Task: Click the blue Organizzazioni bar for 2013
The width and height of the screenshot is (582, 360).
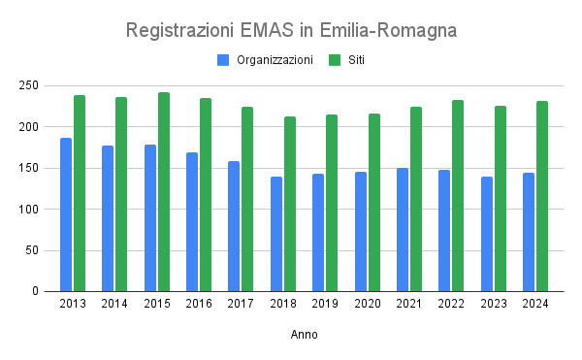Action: (66, 214)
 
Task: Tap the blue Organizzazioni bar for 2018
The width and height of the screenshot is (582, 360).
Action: (276, 234)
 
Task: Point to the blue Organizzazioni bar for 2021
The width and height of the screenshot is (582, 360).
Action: (403, 229)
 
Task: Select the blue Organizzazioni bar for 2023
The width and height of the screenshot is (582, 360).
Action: (486, 234)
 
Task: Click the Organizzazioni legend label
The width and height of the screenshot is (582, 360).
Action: (275, 60)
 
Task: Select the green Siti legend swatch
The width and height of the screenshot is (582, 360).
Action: (335, 60)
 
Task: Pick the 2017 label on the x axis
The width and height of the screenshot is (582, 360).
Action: (241, 305)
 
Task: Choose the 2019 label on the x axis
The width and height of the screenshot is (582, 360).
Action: (325, 305)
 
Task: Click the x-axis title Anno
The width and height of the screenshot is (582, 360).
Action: (304, 335)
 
